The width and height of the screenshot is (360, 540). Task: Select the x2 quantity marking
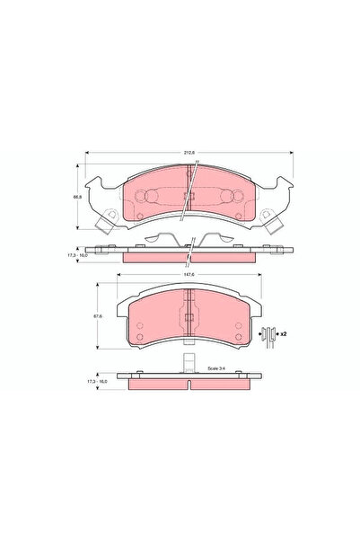(x=283, y=333)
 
